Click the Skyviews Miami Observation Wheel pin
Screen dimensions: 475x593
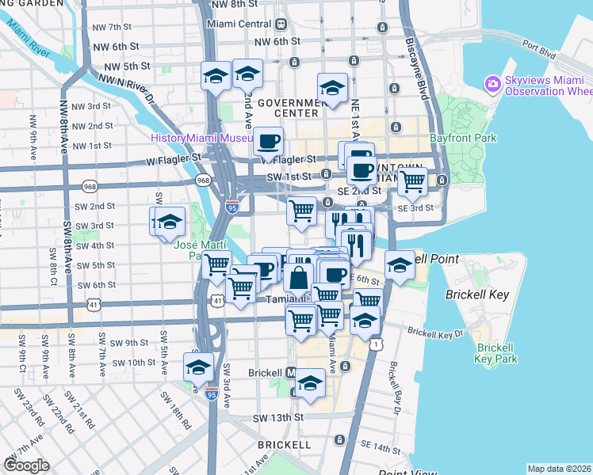pos(493,83)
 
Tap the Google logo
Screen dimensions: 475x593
pos(26,465)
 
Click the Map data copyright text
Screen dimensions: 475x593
pos(558,469)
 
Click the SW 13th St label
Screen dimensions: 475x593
pos(278,417)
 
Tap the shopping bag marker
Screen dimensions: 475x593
pos(299,279)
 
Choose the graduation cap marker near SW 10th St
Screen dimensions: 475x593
pos(198,366)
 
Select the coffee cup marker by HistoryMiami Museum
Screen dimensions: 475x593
pos(268,142)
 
